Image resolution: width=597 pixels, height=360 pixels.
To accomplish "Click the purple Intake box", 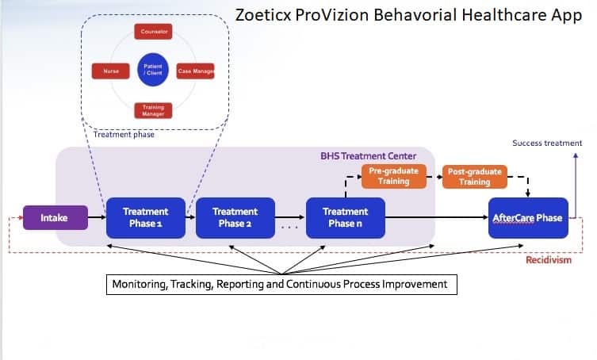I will (x=55, y=217).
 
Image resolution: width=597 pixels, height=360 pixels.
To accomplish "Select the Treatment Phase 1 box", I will (x=145, y=217).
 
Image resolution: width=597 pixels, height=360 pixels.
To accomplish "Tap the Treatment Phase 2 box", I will (x=235, y=217).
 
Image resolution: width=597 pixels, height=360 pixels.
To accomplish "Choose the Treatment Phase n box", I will (x=345, y=217).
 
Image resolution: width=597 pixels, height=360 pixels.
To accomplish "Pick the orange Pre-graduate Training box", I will (x=393, y=176).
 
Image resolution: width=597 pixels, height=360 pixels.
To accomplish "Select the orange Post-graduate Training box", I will (x=474, y=176).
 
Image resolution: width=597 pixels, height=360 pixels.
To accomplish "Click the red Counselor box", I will (x=153, y=33).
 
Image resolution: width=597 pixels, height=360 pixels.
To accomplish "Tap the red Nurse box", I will (x=110, y=71).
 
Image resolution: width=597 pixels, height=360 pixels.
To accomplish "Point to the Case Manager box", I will (x=196, y=71).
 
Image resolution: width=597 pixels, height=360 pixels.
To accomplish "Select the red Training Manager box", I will (x=153, y=109).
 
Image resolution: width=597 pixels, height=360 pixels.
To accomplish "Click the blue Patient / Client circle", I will (x=153, y=70).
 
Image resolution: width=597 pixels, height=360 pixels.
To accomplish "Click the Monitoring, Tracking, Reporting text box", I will (x=282, y=284).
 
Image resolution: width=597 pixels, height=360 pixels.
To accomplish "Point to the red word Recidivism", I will (x=549, y=259).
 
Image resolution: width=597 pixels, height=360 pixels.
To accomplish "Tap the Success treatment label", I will (x=546, y=144).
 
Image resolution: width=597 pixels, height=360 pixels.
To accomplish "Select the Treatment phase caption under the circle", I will (x=123, y=135).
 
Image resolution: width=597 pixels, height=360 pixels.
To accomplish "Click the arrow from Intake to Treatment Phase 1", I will (x=97, y=217).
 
